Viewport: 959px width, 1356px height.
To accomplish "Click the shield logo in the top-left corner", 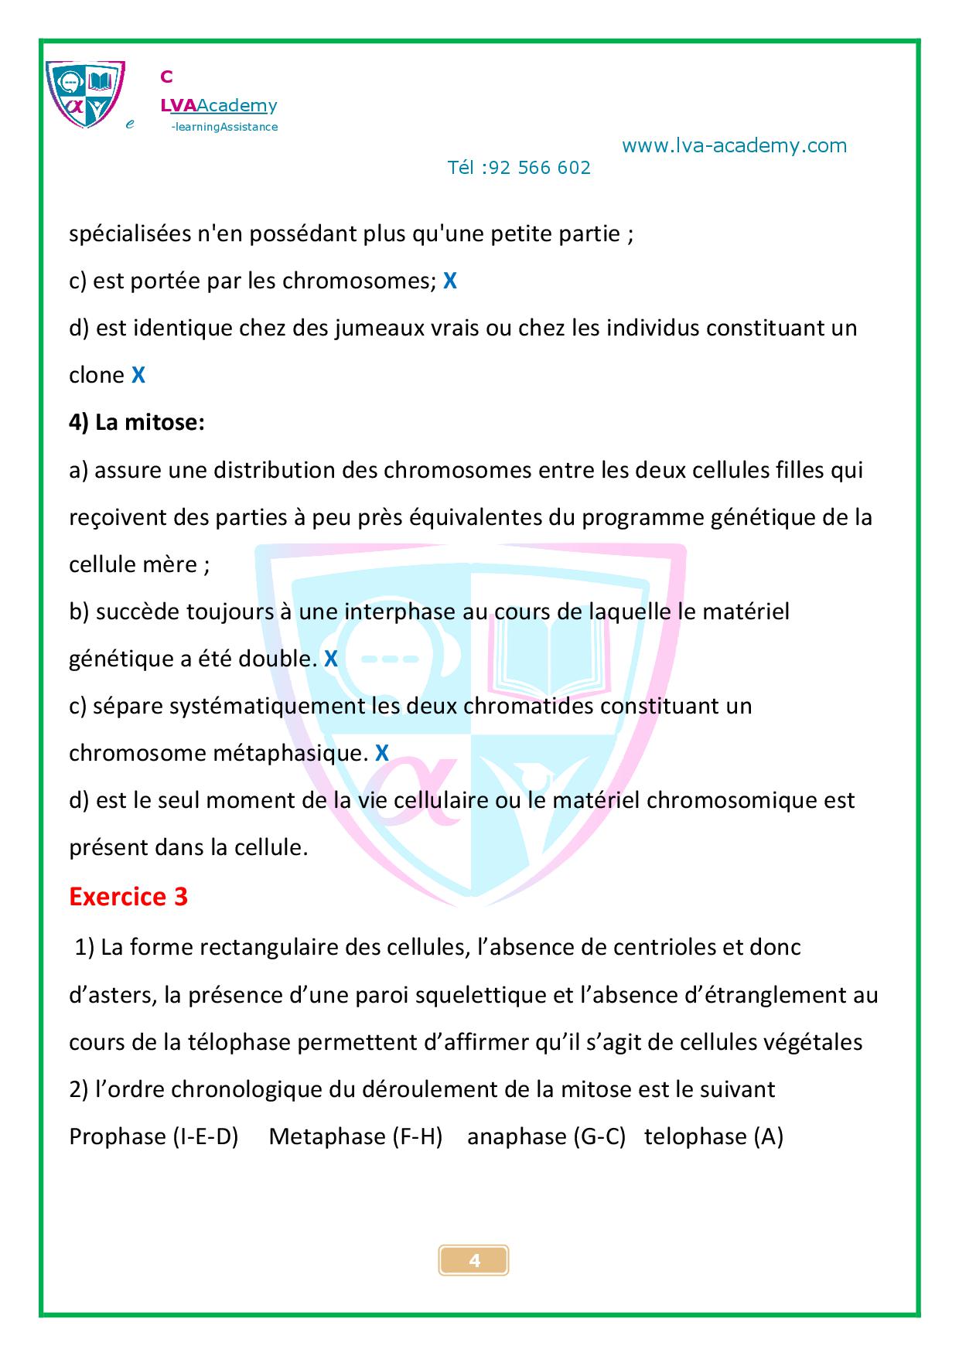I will pyautogui.click(x=84, y=94).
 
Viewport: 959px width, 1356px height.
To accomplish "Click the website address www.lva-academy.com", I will pyautogui.click(x=734, y=145).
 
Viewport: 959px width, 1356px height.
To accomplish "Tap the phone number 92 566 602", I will pyautogui.click(x=540, y=168).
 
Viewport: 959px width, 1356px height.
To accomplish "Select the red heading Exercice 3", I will pyautogui.click(x=128, y=897).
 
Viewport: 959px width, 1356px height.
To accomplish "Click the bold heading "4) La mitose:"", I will pyautogui.click(x=137, y=423).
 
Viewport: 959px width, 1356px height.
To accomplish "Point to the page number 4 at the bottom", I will pyautogui.click(x=474, y=1261).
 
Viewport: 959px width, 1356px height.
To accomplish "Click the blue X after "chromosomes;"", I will pyautogui.click(x=449, y=281).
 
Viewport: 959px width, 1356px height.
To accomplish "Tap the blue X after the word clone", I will pyautogui.click(x=138, y=376).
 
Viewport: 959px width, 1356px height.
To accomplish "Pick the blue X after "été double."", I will pyautogui.click(x=330, y=659).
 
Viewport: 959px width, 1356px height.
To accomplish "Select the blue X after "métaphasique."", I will pyautogui.click(x=381, y=753).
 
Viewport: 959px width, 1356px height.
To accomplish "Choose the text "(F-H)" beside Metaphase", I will pyautogui.click(x=417, y=1136).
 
